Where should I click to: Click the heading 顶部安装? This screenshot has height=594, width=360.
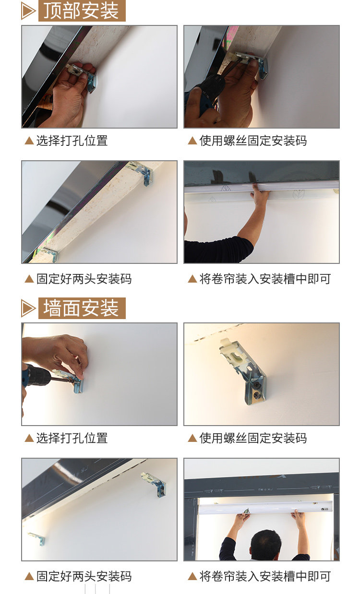click(x=81, y=11)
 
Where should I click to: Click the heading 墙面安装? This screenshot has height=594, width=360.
click(x=81, y=308)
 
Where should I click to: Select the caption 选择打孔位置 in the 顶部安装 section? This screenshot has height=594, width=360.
click(x=72, y=141)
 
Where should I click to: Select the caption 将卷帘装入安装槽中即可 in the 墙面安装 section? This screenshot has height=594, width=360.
click(x=265, y=576)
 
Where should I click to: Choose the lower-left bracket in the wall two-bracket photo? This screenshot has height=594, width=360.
click(x=37, y=538)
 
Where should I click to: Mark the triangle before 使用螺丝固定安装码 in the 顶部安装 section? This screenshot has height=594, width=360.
click(x=192, y=141)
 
